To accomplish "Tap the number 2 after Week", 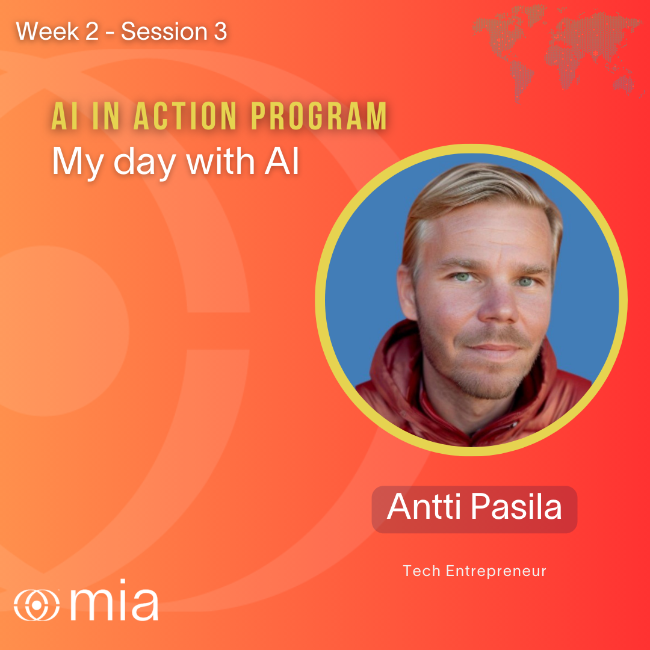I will pyautogui.click(x=91, y=31).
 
